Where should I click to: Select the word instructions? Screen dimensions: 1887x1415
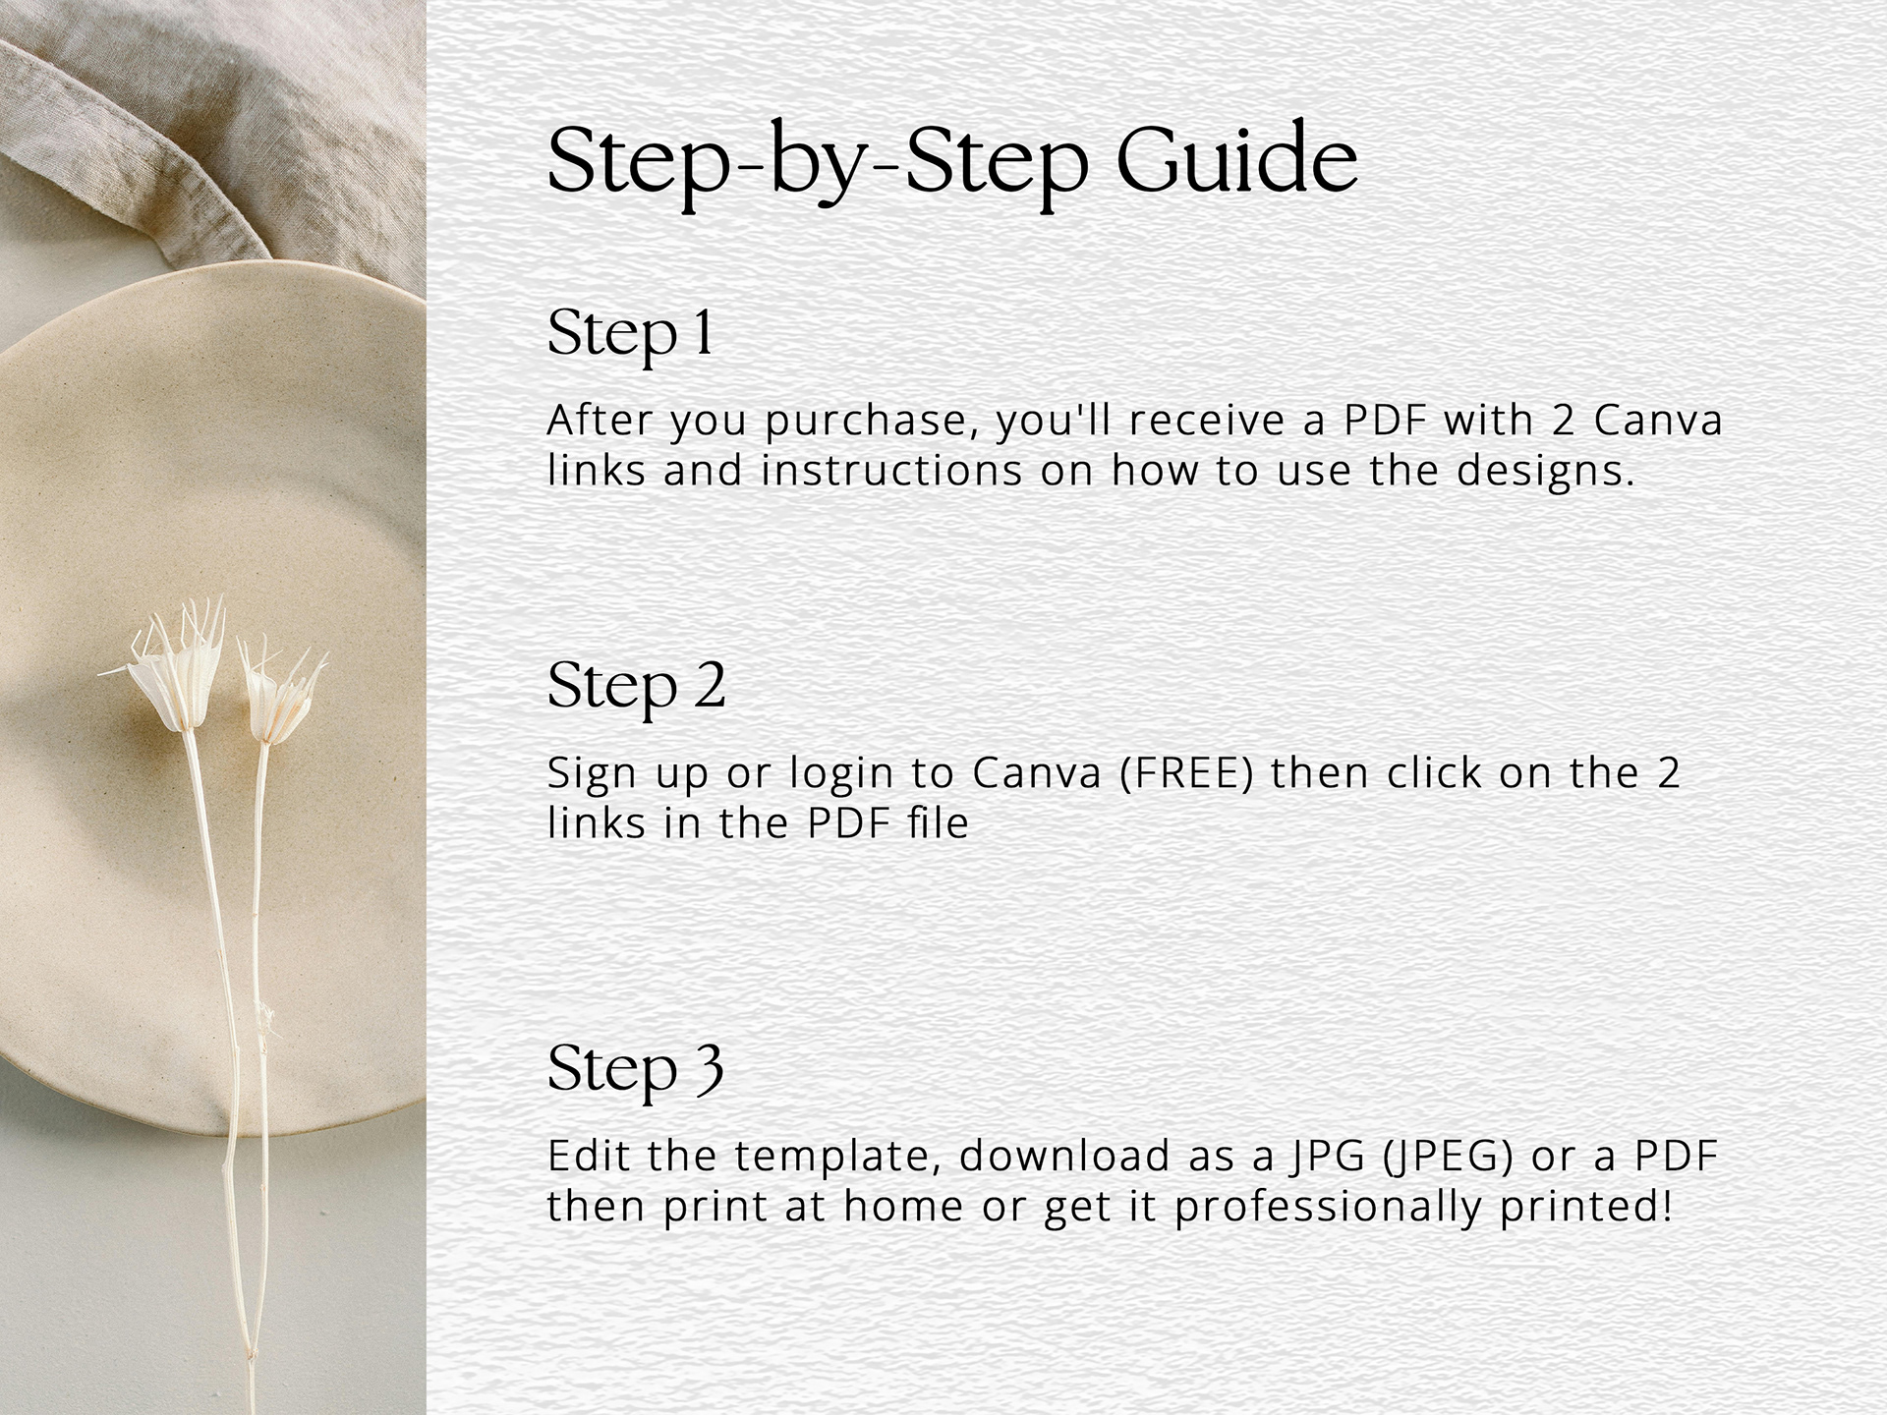pyautogui.click(x=892, y=470)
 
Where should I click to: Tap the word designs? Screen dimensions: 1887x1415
pyautogui.click(x=1546, y=470)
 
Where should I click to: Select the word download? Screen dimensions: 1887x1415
pyautogui.click(x=1065, y=1156)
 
